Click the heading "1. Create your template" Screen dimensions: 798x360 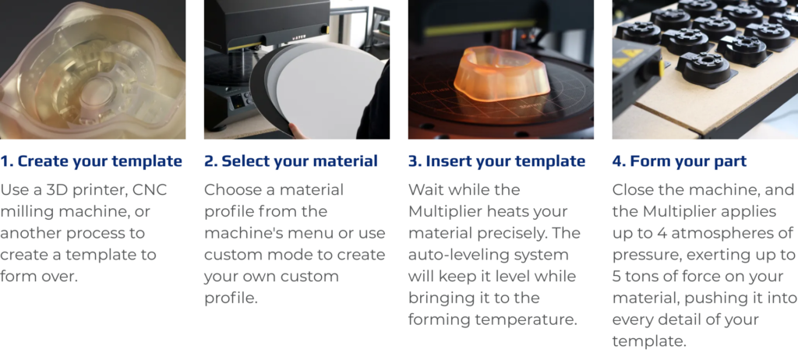click(91, 161)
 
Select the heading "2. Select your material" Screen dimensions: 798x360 click(291, 161)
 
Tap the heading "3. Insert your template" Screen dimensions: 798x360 click(496, 161)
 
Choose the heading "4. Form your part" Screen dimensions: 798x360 click(680, 161)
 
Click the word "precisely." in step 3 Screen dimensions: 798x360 click(518, 234)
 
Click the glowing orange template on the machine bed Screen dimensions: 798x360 click(501, 74)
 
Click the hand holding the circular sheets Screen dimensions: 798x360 click(298, 132)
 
